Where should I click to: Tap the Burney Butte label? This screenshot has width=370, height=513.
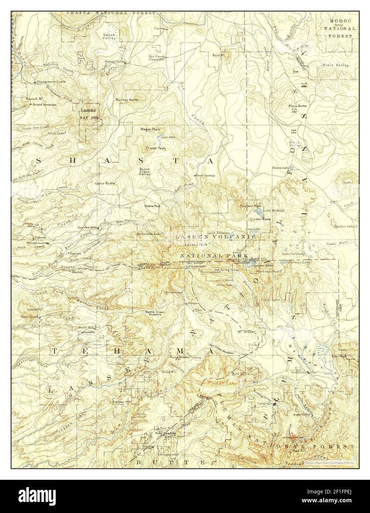[127, 100]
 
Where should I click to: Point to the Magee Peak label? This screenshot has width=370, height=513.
[150, 129]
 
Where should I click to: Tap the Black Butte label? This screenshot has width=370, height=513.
[297, 106]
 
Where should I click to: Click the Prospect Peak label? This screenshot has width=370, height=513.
[250, 206]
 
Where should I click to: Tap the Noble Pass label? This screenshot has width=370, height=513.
[152, 206]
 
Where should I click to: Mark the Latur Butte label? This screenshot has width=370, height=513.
[105, 183]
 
